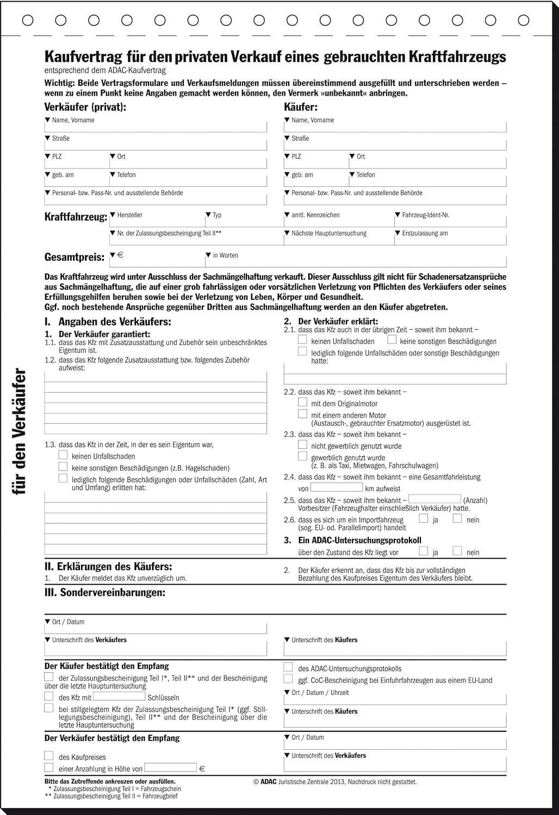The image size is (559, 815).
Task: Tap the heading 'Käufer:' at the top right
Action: tap(301, 107)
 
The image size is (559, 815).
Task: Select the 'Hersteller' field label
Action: tap(129, 215)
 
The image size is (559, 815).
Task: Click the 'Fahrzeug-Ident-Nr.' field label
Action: tap(425, 215)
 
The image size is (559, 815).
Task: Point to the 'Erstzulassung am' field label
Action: tap(425, 234)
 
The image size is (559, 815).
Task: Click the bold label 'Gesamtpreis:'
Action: tap(74, 257)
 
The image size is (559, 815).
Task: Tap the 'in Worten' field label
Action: tap(225, 255)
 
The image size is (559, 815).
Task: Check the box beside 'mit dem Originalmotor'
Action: tap(303, 403)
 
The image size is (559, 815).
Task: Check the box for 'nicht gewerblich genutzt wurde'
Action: tap(303, 445)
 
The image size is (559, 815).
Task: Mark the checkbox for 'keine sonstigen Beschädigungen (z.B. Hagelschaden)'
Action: tap(63, 467)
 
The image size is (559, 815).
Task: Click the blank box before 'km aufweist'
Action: tap(337, 488)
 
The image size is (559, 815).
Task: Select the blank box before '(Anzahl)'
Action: tap(434, 499)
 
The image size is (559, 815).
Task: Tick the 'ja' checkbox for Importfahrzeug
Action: tap(424, 519)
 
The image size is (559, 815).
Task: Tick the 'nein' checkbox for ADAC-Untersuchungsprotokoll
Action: tap(457, 551)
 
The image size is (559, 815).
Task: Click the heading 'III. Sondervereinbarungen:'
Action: tap(104, 593)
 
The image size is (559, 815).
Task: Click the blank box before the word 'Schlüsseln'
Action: tap(119, 697)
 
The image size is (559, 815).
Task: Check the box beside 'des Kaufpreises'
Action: tap(49, 756)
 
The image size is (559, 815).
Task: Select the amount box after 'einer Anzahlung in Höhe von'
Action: tap(170, 768)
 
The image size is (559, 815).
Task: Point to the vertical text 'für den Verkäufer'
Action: tap(20, 432)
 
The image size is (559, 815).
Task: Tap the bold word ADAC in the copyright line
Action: tap(269, 782)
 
